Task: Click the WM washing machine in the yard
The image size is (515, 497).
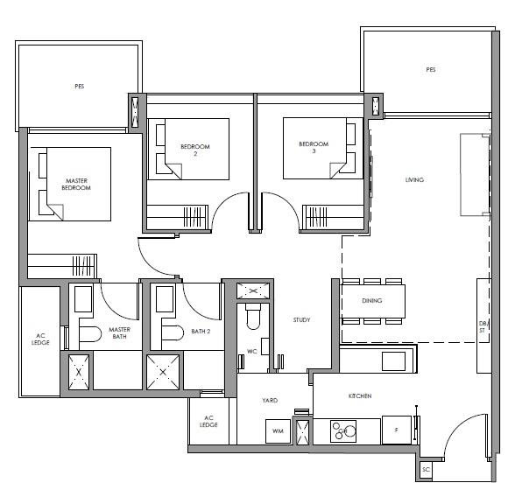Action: click(278, 431)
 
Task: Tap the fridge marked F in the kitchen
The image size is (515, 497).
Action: click(397, 430)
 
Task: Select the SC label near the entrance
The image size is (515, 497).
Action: click(426, 470)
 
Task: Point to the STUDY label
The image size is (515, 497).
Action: click(301, 320)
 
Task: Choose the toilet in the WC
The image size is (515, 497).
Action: click(253, 316)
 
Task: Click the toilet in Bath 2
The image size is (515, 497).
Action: click(173, 333)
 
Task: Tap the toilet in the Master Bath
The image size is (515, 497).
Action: click(90, 334)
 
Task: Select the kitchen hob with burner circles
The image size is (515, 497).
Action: click(343, 430)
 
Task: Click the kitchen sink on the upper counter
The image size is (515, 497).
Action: click(393, 361)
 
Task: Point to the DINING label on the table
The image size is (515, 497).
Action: click(371, 300)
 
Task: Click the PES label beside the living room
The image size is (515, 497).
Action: click(431, 69)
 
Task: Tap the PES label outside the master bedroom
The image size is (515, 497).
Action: click(79, 87)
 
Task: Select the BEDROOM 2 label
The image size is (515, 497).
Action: click(195, 150)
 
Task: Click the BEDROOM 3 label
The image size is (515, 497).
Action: click(314, 147)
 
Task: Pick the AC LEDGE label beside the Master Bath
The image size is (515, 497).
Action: click(40, 339)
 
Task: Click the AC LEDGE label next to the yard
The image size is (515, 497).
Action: click(208, 422)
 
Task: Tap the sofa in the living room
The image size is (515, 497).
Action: click(475, 174)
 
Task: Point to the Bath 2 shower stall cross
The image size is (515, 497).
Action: click(163, 372)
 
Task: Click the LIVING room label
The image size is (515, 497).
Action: click(414, 179)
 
